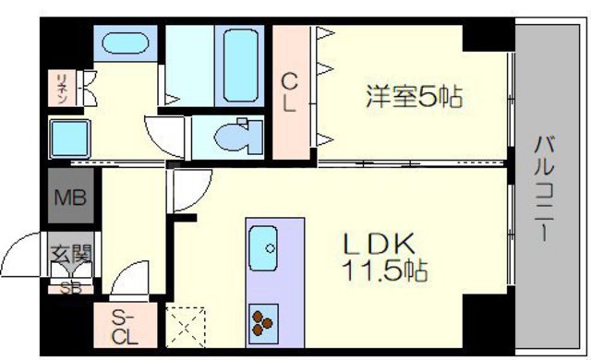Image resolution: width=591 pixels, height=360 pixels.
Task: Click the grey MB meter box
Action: [68, 198]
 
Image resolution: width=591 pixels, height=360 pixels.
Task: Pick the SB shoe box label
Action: [69, 286]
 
